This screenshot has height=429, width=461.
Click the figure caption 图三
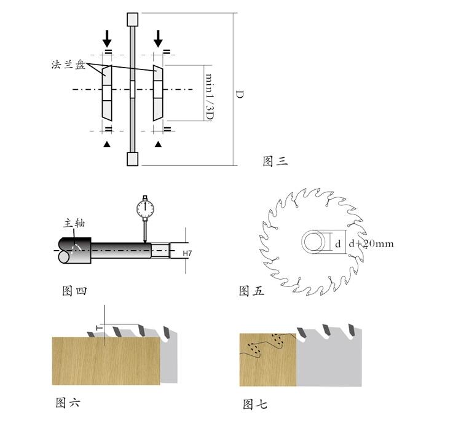(x=275, y=162)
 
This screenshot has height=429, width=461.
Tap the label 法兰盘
(x=68, y=65)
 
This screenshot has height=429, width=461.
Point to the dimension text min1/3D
(x=209, y=97)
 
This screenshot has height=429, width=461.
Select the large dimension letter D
(x=240, y=95)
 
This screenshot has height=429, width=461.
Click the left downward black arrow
(x=107, y=39)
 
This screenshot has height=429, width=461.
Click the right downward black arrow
(x=158, y=39)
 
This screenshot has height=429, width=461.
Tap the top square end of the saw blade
(x=133, y=20)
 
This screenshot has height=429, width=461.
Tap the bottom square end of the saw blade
(x=133, y=159)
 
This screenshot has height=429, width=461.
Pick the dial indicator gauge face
(x=145, y=208)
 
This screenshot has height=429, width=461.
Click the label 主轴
(x=74, y=223)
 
